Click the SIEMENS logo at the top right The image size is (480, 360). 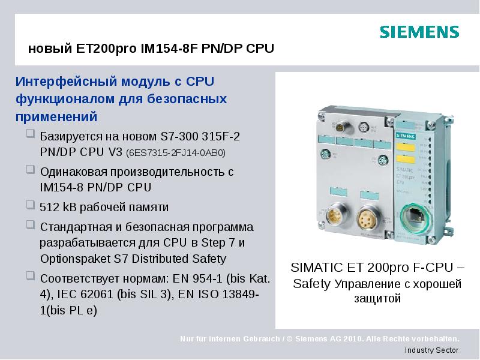[419, 32]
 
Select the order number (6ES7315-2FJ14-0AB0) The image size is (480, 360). [176, 153]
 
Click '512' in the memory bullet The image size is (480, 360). [49, 208]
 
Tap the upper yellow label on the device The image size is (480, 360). [406, 146]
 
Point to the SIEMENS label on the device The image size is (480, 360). [406, 136]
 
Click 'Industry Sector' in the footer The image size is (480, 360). [431, 350]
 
